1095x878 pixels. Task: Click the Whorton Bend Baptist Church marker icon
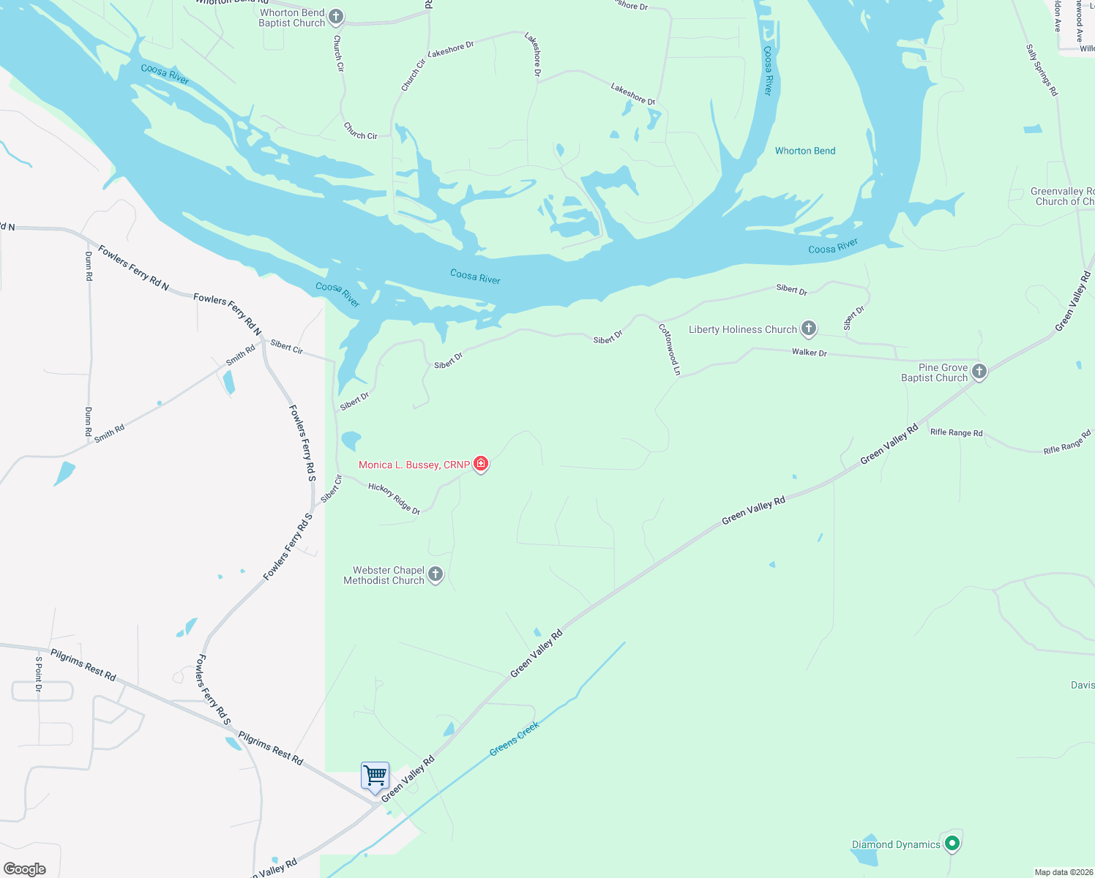[335, 17]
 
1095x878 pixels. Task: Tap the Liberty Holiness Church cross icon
[808, 329]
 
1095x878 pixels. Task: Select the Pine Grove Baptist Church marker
[979, 372]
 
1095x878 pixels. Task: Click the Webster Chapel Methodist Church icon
[436, 574]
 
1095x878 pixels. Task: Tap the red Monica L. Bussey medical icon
[481, 464]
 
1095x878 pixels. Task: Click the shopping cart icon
[375, 776]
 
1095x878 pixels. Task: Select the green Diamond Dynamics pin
[952, 844]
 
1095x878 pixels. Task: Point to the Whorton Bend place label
[805, 151]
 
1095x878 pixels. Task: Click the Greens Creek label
[514, 738]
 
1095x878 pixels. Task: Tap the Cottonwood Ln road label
[670, 350]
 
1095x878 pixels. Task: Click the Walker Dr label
[809, 353]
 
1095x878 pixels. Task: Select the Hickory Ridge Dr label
[394, 498]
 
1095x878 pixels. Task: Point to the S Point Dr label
[39, 674]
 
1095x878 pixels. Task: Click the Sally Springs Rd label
[1042, 70]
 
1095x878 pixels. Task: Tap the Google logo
[25, 869]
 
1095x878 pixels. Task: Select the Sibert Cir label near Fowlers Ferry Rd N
[287, 347]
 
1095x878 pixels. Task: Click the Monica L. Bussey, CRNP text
[414, 465]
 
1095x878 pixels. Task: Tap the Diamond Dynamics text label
[896, 844]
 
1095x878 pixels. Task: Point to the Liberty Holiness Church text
[742, 329]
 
